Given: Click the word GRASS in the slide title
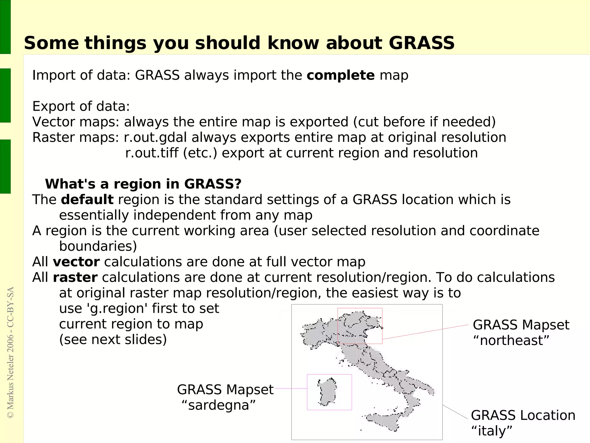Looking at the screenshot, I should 421,43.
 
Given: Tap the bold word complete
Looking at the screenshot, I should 341,76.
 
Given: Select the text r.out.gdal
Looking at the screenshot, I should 156,137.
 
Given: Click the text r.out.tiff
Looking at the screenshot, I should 152,153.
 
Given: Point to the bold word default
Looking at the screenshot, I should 87,200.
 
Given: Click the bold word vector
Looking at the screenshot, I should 76,262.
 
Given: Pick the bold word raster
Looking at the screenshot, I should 75,278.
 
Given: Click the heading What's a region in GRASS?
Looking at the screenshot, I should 143,184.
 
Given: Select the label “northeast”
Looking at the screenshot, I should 511,341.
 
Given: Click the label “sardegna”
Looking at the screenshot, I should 219,405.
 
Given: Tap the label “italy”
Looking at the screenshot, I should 492,431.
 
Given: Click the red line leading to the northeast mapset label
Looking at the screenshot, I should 426,332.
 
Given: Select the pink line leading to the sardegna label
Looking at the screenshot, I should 291,389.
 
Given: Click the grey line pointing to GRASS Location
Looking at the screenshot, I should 455,412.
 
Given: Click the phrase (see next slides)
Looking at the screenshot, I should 113,340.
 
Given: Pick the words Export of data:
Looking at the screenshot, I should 81,106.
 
